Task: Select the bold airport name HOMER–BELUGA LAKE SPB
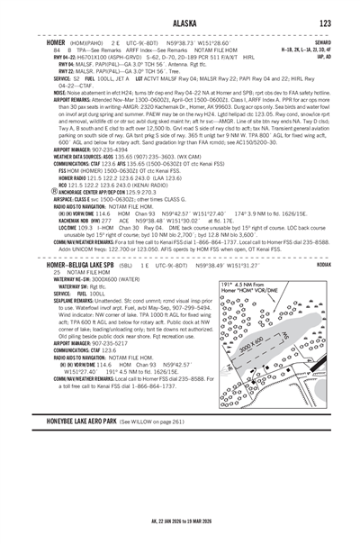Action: coord(87,239)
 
